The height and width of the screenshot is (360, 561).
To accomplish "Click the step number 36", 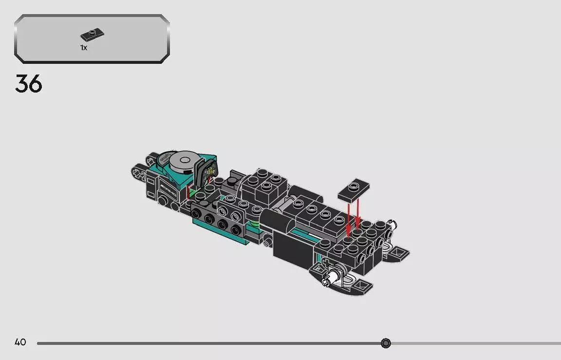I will tap(29, 84).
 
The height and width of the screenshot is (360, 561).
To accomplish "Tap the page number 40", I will tap(20, 342).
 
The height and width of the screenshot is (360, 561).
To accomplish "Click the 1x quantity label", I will tap(84, 48).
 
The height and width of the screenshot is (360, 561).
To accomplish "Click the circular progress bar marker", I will tap(386, 343).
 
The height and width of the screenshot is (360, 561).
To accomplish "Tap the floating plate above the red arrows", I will tap(353, 191).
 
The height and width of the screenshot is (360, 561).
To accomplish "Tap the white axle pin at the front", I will tap(334, 276).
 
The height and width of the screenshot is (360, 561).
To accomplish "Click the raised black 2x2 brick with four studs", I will tap(264, 182).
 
